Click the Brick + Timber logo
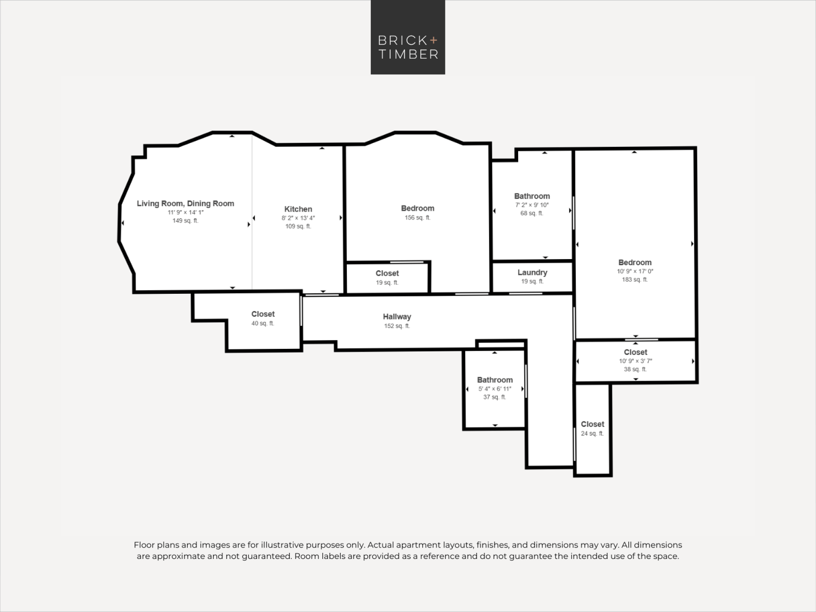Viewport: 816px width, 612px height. (x=408, y=37)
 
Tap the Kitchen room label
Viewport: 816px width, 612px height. (x=298, y=209)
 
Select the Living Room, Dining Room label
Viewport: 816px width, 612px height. (x=185, y=204)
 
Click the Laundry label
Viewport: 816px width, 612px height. (x=532, y=273)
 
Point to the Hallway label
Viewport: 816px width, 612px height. (x=397, y=317)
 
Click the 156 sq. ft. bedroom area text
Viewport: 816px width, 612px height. (x=417, y=218)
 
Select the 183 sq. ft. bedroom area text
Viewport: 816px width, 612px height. (x=635, y=280)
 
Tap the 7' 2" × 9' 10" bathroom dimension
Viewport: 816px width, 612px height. (x=532, y=205)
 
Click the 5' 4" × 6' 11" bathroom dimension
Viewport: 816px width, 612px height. (x=495, y=389)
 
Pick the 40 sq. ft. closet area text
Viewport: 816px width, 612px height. (x=263, y=324)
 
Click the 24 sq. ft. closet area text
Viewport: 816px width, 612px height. (x=592, y=434)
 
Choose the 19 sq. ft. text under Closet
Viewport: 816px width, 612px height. (x=387, y=283)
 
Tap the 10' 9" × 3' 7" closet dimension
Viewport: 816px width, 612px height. (x=636, y=361)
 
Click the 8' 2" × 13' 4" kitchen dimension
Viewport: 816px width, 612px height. (x=298, y=218)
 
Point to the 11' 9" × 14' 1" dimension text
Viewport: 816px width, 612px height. (x=186, y=213)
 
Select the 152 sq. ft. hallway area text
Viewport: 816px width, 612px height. (x=397, y=326)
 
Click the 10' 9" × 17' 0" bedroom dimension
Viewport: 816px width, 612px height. (x=635, y=271)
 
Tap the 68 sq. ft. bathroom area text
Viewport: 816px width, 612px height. (x=532, y=213)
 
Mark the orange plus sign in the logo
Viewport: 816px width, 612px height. (x=433, y=40)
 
